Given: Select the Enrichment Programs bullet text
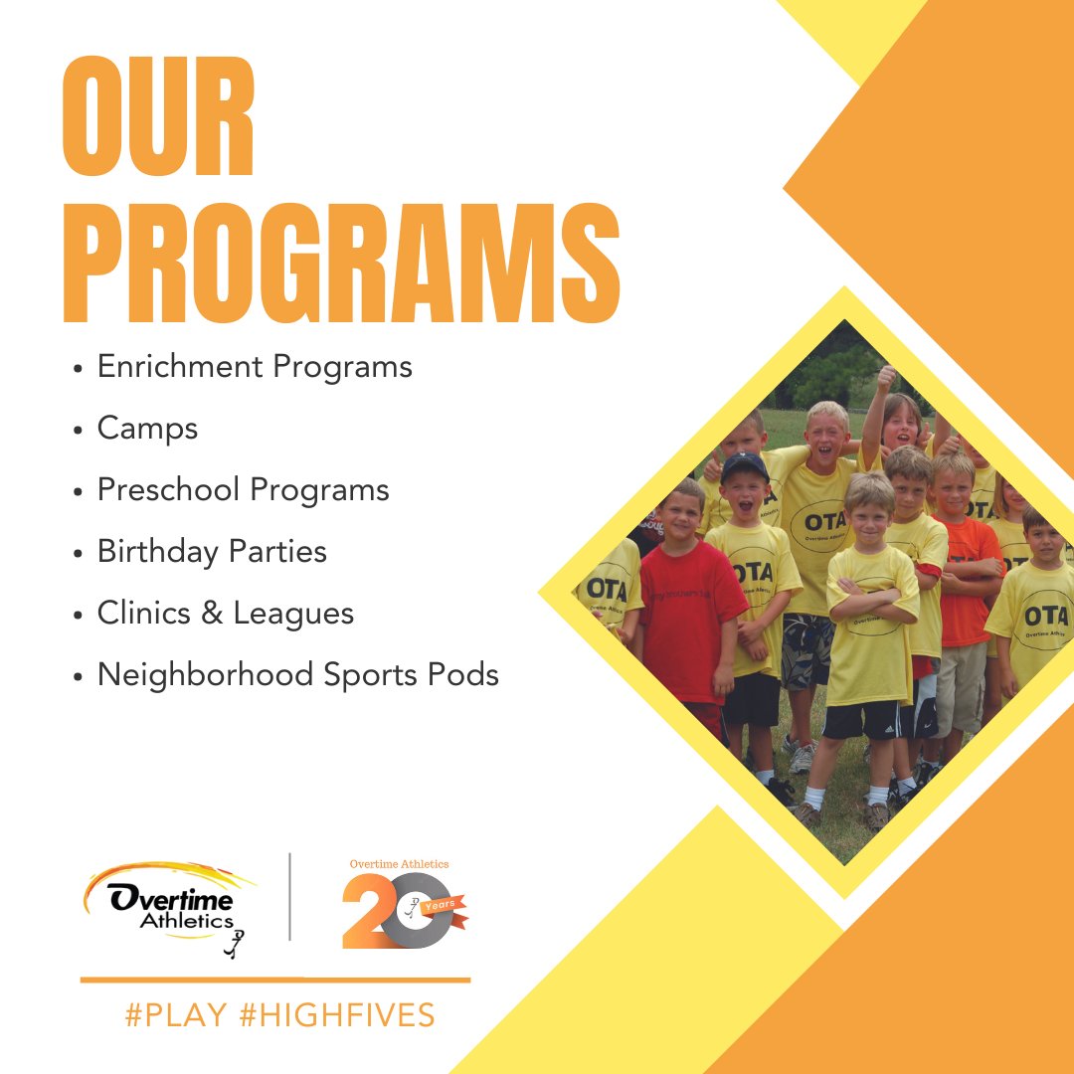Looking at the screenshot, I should coord(255,366).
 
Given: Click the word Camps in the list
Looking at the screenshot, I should coord(147,429).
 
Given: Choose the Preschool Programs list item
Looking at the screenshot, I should coord(243,490).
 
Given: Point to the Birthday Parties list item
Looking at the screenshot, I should coord(212,552).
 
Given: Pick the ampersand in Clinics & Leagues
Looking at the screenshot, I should coord(210,614).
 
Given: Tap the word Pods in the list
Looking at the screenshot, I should coord(464,675).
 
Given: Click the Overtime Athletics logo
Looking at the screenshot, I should coord(169,905).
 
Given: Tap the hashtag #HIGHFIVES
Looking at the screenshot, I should coord(337,1015).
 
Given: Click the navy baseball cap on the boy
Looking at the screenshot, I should coord(745,465).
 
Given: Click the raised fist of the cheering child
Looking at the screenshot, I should coord(885,377).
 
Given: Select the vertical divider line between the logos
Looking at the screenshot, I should coord(290,896).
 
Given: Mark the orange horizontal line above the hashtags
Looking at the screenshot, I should coord(275,981).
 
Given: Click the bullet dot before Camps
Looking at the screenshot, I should coord(78,431).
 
